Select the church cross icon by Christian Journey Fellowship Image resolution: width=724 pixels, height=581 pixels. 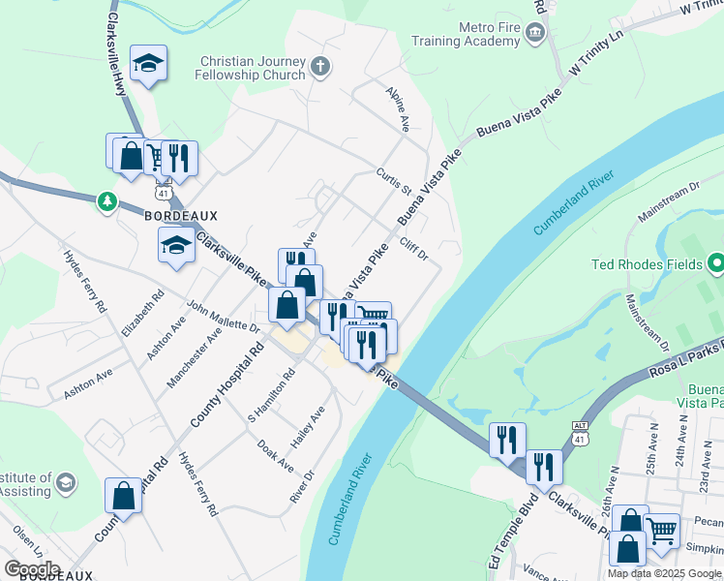(320, 67)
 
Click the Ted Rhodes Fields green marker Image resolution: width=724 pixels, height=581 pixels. (715, 263)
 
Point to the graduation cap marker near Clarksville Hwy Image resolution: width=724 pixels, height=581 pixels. (148, 64)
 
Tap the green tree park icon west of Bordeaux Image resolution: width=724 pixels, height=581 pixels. (106, 201)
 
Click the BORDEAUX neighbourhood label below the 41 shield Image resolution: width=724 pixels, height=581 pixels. (181, 215)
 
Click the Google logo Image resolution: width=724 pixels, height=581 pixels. (32, 568)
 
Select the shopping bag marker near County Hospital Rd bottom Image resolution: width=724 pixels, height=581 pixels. (125, 496)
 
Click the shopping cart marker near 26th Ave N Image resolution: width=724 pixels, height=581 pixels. (661, 530)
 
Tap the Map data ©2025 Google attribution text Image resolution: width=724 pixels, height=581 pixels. (664, 573)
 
